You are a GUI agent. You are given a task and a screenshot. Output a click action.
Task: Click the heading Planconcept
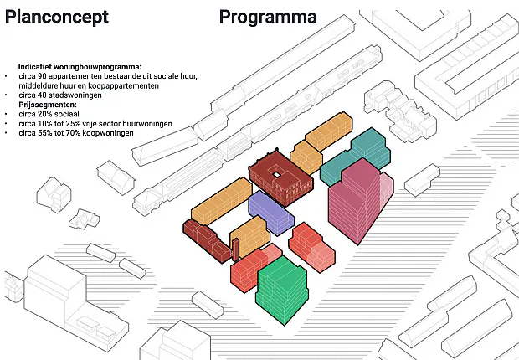coord(57,18)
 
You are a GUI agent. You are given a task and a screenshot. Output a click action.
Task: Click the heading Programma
coord(268,18)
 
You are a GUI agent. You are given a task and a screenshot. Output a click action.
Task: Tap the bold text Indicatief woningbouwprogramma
coord(80,67)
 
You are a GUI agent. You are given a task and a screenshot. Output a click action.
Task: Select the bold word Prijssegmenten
coord(48,105)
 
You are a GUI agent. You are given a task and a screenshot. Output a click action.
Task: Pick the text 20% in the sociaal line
coord(44,114)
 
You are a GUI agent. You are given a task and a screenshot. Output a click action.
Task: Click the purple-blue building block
coord(270,213)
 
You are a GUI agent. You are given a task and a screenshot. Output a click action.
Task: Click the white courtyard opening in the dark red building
coord(275,173)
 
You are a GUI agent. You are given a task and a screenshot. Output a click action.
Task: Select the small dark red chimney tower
coord(235,249)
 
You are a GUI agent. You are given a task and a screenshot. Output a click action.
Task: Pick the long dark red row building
coord(207,240)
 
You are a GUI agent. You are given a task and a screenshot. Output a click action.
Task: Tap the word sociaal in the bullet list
coord(66,114)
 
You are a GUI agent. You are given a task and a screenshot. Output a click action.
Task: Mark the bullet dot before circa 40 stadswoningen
coord(6,95)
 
